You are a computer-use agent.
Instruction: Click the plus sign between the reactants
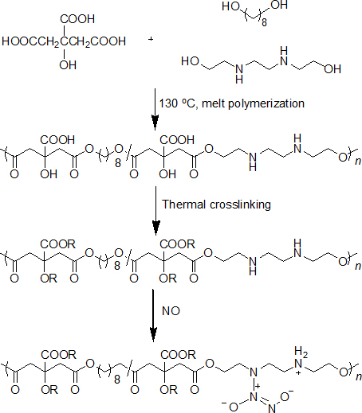pos(151,39)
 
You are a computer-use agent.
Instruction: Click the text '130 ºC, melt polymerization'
pos(232,103)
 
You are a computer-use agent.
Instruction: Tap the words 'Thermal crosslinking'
pos(216,205)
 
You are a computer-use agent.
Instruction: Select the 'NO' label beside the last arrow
pos(171,311)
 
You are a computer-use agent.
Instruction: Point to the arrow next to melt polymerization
pos(155,110)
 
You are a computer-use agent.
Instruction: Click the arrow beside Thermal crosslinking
pos(155,211)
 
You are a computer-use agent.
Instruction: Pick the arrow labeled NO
pos(153,315)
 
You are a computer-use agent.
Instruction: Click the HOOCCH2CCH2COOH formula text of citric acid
pos(64,41)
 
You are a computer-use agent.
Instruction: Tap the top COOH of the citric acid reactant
pos(77,19)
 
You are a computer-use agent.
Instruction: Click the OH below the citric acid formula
pos(68,65)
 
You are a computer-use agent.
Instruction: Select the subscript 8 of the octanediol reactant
pos(264,22)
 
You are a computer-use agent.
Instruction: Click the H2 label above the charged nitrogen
pos(301,352)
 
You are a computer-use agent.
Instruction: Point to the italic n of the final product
pos(359,376)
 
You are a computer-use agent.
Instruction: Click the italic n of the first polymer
pos(358,161)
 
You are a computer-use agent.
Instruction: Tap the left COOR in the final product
pos(58,355)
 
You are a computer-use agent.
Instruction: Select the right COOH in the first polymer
pos(177,140)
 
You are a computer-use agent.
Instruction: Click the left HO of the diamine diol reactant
pos(191,61)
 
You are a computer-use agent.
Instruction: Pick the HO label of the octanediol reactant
pos(231,6)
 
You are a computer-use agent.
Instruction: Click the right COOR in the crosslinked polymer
pos(178,244)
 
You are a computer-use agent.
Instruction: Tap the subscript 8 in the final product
pos(117,380)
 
